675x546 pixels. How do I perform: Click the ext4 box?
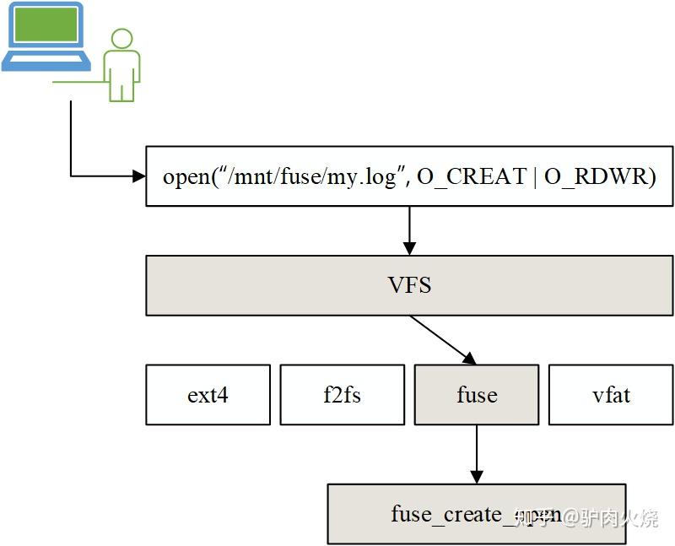click(x=208, y=395)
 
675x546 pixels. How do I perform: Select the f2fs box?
click(x=342, y=395)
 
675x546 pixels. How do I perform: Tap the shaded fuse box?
click(x=476, y=395)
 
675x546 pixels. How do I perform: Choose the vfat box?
click(x=611, y=395)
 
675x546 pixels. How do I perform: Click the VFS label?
click(x=409, y=285)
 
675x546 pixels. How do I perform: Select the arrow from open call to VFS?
click(x=409, y=230)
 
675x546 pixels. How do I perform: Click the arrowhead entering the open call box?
click(x=138, y=176)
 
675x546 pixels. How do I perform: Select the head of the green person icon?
click(x=122, y=39)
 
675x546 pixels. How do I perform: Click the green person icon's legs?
click(x=122, y=89)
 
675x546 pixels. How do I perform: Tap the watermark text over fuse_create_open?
click(x=591, y=516)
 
